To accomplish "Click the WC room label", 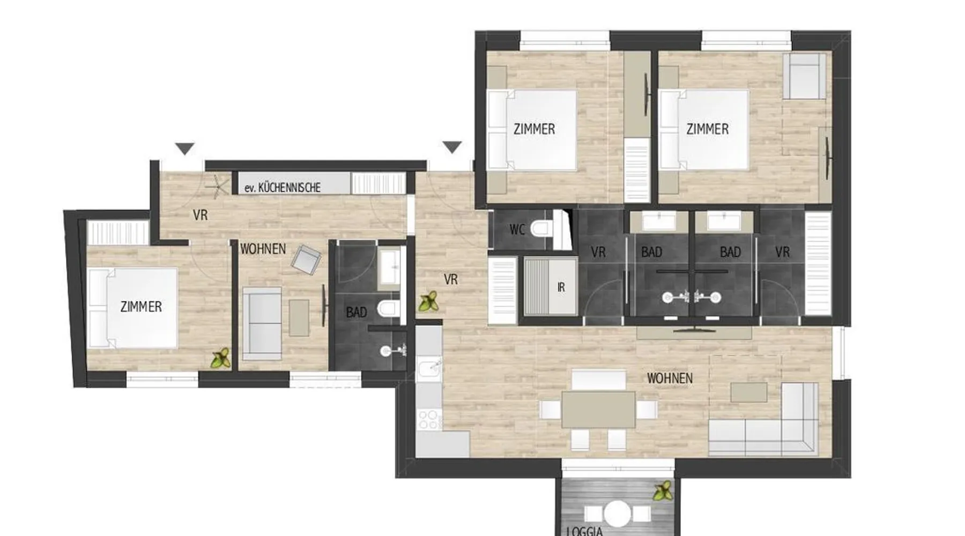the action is point(517,230).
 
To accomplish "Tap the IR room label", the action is point(561,287).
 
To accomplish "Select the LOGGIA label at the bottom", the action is point(585,531).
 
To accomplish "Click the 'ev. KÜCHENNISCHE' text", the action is point(283,188).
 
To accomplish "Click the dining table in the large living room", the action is point(598,409).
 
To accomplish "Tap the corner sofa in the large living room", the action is point(764,418).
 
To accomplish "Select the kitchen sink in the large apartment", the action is point(429,369).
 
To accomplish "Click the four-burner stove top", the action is point(429,420).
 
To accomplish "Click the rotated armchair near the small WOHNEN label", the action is point(306,259).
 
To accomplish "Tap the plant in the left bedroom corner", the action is point(220,358).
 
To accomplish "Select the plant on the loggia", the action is point(663,491).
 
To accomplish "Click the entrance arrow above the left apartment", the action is point(185,148).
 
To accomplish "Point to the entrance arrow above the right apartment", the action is point(452,147).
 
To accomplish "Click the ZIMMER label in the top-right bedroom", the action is point(708,129).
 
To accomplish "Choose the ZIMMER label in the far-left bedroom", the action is point(141,307).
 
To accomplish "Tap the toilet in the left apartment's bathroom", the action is point(388,308).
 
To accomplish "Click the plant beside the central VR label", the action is point(428,302).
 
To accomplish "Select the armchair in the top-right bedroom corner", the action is point(804,76).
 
